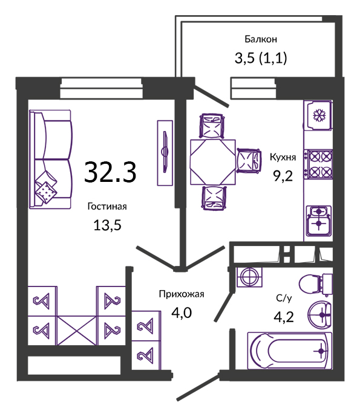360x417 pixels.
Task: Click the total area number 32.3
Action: tap(110, 172)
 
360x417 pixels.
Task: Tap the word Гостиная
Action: tap(107, 206)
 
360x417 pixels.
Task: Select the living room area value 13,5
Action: tap(107, 225)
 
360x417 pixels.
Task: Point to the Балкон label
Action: tap(261, 39)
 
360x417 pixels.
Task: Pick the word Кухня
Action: tap(283, 157)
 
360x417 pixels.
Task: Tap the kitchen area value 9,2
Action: tap(283, 176)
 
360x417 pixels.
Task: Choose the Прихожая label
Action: tap(182, 294)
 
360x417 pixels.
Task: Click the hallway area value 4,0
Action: tap(182, 313)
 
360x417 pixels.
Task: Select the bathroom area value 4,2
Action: tap(284, 317)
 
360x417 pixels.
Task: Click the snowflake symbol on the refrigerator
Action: tap(318, 115)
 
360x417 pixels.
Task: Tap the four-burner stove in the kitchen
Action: tap(320, 164)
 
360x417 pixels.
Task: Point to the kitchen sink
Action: tap(319, 221)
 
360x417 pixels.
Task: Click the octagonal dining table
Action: tap(213, 162)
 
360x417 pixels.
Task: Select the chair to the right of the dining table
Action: tap(249, 160)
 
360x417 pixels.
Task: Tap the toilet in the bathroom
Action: tap(316, 284)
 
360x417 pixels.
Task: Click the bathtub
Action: tap(290, 351)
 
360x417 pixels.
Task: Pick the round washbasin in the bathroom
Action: tap(320, 315)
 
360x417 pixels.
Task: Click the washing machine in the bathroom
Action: tap(249, 277)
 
